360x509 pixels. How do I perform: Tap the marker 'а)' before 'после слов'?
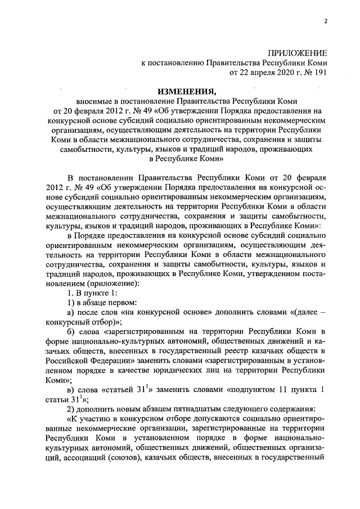point(71,313)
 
